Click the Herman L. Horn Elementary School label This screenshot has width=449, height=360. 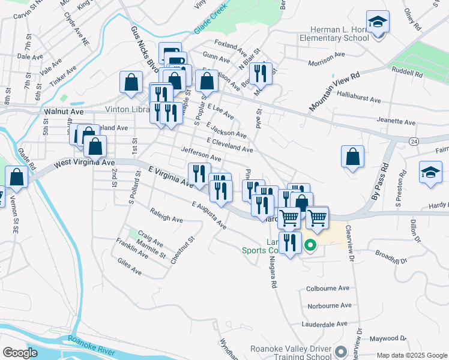[339, 34]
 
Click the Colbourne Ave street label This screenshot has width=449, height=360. [328, 288]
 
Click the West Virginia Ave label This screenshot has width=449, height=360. [84, 163]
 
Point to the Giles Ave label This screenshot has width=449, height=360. [130, 268]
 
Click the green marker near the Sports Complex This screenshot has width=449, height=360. [310, 245]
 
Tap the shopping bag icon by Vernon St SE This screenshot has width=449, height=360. [17, 177]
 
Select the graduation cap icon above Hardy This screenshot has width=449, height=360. [430, 172]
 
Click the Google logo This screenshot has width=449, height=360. [20, 353]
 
